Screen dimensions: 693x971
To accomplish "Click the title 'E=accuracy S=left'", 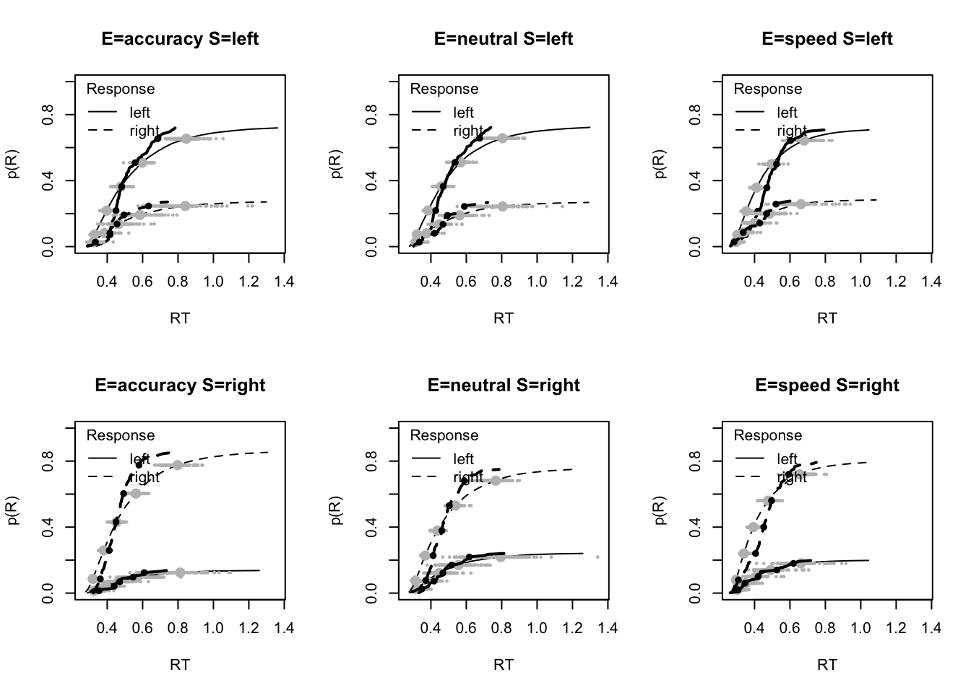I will click(x=180, y=39).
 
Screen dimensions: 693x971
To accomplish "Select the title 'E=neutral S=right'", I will click(x=504, y=385).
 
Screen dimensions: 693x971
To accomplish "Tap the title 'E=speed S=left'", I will click(x=827, y=39).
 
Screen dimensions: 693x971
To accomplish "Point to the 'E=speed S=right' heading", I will click(x=827, y=385).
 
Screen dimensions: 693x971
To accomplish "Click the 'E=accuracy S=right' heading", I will click(x=180, y=385).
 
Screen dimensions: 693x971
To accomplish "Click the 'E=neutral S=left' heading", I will click(x=504, y=39).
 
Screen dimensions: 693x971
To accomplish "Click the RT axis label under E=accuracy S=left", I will click(x=180, y=318).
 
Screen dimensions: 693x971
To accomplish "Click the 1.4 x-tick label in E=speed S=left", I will click(x=931, y=282).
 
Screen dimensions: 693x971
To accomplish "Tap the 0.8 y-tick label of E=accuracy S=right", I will click(x=48, y=461).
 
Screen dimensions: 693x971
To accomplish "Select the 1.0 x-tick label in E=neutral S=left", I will click(x=537, y=282).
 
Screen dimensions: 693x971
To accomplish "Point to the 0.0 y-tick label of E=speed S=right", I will click(x=696, y=593).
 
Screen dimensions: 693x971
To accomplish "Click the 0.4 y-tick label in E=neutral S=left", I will click(x=372, y=180).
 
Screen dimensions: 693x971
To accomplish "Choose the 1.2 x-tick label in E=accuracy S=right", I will click(x=249, y=628).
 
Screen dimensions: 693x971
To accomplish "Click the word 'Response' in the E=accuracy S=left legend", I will click(x=121, y=89).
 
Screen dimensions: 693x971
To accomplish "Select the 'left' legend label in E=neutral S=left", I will click(x=463, y=113).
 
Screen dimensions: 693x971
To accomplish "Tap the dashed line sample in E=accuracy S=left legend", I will click(x=103, y=131).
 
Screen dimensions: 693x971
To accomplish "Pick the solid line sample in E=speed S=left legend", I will click(x=750, y=112).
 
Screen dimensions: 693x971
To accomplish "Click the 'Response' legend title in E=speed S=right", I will click(x=768, y=435).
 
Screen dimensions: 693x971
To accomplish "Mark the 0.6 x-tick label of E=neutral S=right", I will click(x=466, y=628).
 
